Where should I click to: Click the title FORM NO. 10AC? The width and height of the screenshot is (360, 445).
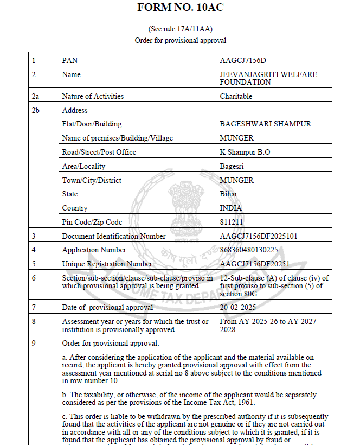pos(180,8)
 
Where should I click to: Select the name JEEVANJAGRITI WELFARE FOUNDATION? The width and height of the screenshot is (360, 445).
pos(268,78)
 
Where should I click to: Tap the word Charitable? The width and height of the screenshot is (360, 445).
pos(236,96)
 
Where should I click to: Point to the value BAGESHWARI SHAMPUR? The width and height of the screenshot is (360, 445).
pos(265,124)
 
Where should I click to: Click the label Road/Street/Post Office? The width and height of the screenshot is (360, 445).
pos(99,152)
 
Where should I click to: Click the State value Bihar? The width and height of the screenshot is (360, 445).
pos(228,194)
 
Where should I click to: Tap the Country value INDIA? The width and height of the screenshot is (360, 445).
pos(230,208)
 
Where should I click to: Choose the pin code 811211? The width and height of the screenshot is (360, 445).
pos(232,222)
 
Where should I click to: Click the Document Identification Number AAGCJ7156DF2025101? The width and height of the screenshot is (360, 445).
pos(258,236)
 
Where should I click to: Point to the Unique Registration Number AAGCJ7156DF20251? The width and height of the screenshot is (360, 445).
pos(254,264)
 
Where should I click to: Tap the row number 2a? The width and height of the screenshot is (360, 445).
pos(36,96)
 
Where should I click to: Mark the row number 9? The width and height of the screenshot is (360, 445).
pos(34,343)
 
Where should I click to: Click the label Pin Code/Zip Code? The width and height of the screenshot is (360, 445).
pos(92,222)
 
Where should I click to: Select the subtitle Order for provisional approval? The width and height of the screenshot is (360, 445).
pos(180,40)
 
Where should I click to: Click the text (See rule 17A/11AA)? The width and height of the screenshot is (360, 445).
pos(180,28)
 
